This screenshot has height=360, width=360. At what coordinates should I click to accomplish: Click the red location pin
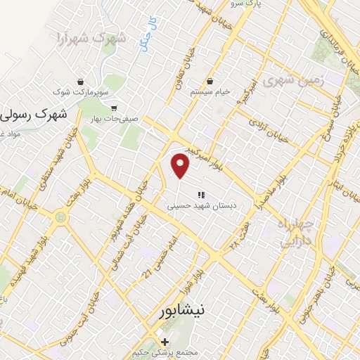(181, 166)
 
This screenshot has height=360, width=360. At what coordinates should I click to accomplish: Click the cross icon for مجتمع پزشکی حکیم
(165, 342)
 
